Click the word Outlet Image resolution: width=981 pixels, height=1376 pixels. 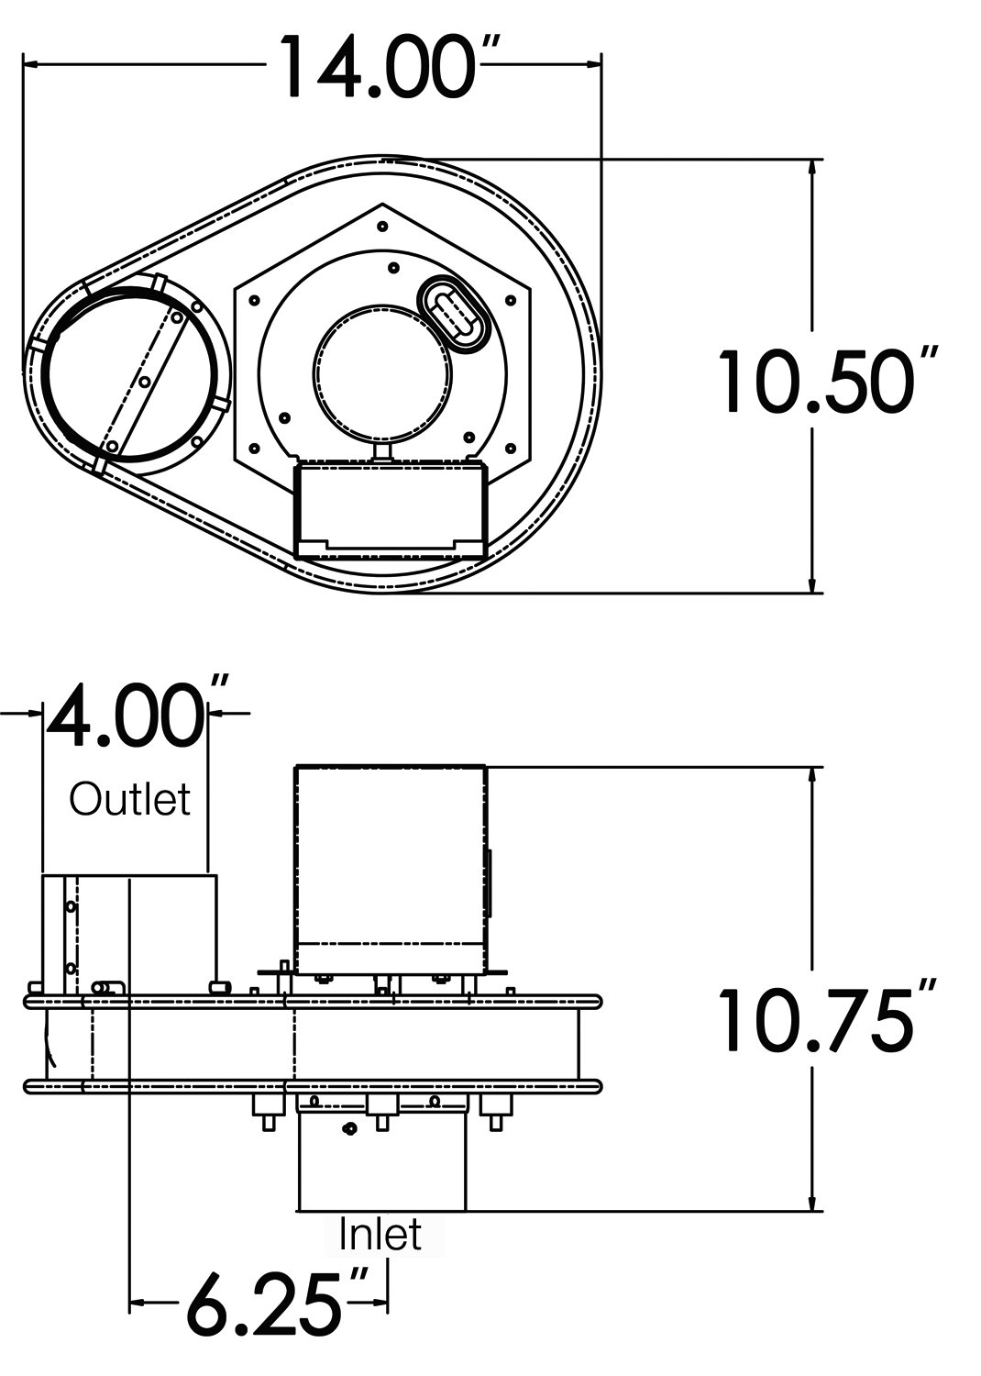130,799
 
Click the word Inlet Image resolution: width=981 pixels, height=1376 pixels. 380,1234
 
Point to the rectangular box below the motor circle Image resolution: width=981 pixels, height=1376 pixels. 389,508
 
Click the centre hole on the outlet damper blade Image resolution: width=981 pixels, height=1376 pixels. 143,380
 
